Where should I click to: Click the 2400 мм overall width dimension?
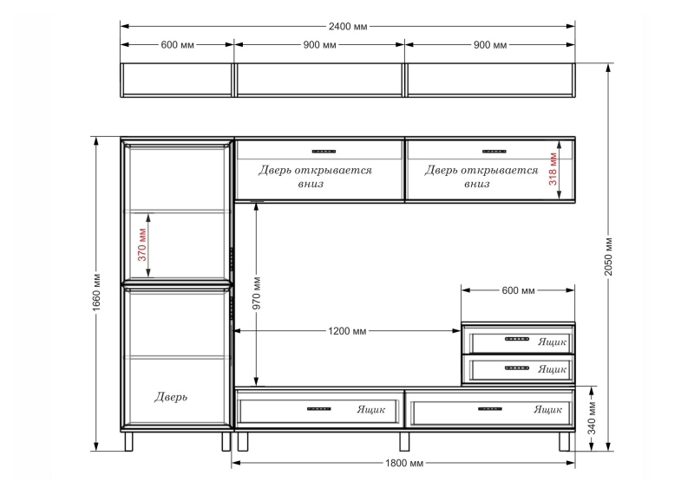(x=348, y=27)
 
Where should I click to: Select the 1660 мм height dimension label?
(x=97, y=292)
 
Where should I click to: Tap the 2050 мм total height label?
(x=609, y=257)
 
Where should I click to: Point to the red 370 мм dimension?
(x=142, y=244)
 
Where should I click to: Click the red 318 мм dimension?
(x=553, y=169)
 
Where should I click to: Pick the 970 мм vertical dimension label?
(x=257, y=293)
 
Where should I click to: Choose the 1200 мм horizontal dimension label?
(x=348, y=331)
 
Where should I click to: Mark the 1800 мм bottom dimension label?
(x=404, y=463)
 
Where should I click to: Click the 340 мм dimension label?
(x=593, y=418)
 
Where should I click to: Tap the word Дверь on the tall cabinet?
(x=171, y=397)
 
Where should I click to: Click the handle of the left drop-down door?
(x=324, y=152)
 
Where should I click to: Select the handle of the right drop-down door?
(x=494, y=152)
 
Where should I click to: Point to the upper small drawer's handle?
(x=517, y=339)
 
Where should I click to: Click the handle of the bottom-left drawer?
(x=319, y=409)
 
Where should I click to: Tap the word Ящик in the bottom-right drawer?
(x=548, y=409)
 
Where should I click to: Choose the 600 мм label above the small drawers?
(x=518, y=290)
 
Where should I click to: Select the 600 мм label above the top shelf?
(x=177, y=45)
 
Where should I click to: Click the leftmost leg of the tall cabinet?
(x=128, y=441)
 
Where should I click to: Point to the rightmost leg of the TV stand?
(x=565, y=441)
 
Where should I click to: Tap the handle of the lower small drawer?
(x=517, y=368)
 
